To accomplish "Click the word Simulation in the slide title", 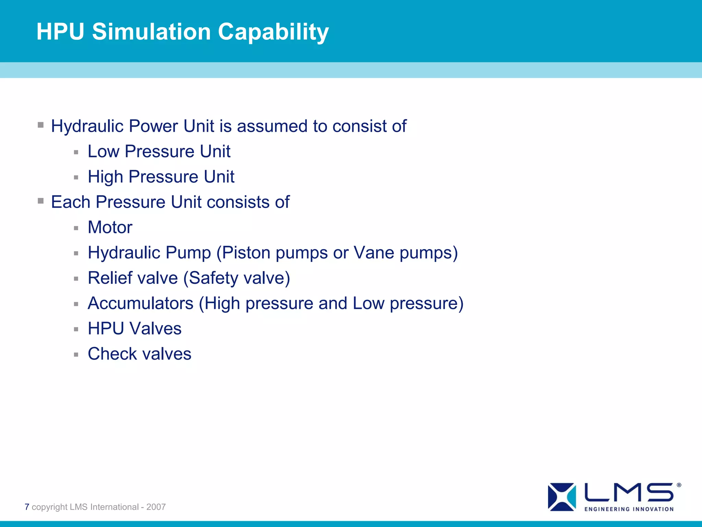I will pos(151,32).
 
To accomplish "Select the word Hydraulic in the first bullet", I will pos(87,126).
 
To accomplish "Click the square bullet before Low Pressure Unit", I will pos(76,152).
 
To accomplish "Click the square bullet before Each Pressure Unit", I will pos(41,201).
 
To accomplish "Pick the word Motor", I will pos(110,227).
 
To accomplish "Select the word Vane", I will pos(374,253).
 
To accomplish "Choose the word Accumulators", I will pos(141,303).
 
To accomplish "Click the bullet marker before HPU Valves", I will pos(76,329).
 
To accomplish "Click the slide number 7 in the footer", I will pos(27,507).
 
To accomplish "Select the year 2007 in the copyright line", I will pos(156,507).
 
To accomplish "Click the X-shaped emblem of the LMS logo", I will pos(562,496).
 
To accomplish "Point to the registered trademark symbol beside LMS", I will pos(679,485).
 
